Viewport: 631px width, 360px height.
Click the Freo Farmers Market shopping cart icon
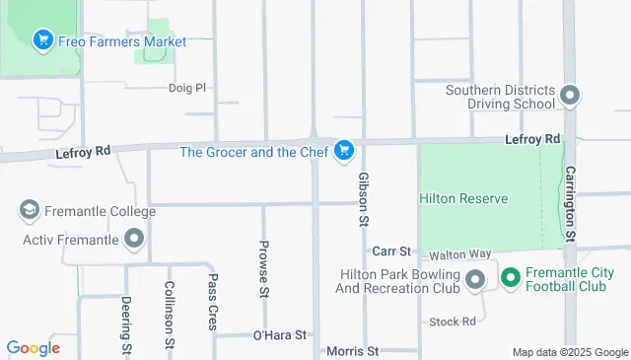(42, 40)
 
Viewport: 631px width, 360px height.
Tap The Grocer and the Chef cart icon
(343, 151)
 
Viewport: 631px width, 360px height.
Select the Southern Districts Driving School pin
(569, 96)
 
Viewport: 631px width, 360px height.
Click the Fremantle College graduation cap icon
(30, 211)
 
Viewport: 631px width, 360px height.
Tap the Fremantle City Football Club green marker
(510, 279)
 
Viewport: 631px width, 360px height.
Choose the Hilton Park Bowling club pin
(475, 280)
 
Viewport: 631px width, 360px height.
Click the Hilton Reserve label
(463, 198)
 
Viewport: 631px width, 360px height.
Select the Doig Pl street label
(186, 87)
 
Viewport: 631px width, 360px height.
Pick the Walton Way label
(459, 253)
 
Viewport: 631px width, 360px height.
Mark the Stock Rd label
(453, 322)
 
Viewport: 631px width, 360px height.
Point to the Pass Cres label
(213, 302)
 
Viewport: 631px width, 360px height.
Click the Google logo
(33, 347)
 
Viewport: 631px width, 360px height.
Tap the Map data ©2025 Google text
(569, 352)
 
